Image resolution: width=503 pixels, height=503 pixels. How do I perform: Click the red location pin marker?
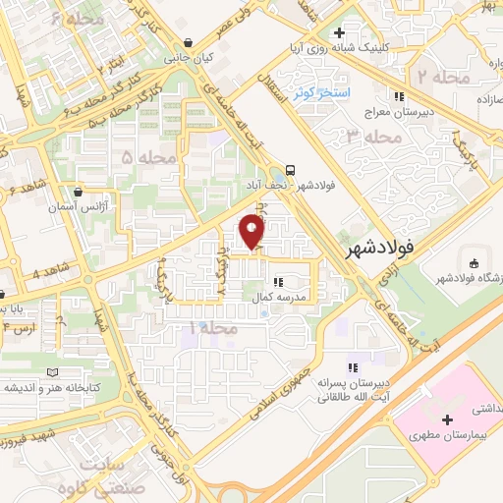pyautogui.click(x=252, y=232)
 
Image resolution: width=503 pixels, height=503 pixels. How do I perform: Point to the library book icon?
pyautogui.click(x=55, y=373)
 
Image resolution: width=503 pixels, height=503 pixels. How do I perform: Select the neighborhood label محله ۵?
pyautogui.click(x=141, y=156)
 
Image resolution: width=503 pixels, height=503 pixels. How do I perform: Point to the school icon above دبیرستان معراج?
pyautogui.click(x=399, y=96)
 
